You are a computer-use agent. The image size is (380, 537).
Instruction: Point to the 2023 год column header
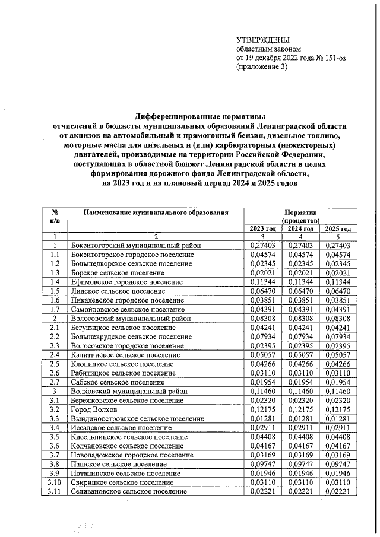click(261, 229)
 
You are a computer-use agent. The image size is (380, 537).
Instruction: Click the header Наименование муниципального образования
click(156, 212)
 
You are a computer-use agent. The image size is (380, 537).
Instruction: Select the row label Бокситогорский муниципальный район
click(136, 246)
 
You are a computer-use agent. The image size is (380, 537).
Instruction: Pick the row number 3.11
click(54, 492)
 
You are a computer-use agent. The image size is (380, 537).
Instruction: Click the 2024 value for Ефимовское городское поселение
click(300, 282)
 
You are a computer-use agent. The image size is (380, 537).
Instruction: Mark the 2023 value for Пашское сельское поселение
click(261, 465)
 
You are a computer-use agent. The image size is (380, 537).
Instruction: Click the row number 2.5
click(54, 364)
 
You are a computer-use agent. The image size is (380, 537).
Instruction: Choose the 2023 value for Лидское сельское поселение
click(261, 291)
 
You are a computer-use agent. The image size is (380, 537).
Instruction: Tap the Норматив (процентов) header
click(300, 215)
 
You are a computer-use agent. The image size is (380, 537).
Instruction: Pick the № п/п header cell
click(54, 215)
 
